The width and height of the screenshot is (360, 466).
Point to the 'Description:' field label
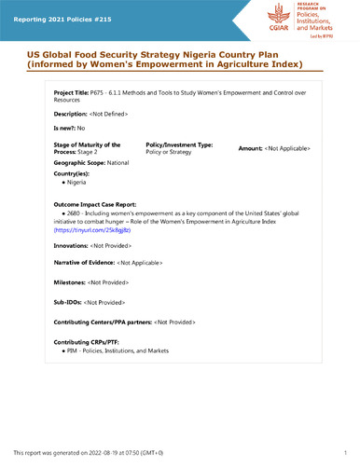74,114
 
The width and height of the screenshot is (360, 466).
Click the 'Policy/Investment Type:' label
180,145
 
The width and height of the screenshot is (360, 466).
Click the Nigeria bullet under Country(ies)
76,183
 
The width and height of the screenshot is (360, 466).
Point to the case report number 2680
71,213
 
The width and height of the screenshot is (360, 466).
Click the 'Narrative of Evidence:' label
85,264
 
